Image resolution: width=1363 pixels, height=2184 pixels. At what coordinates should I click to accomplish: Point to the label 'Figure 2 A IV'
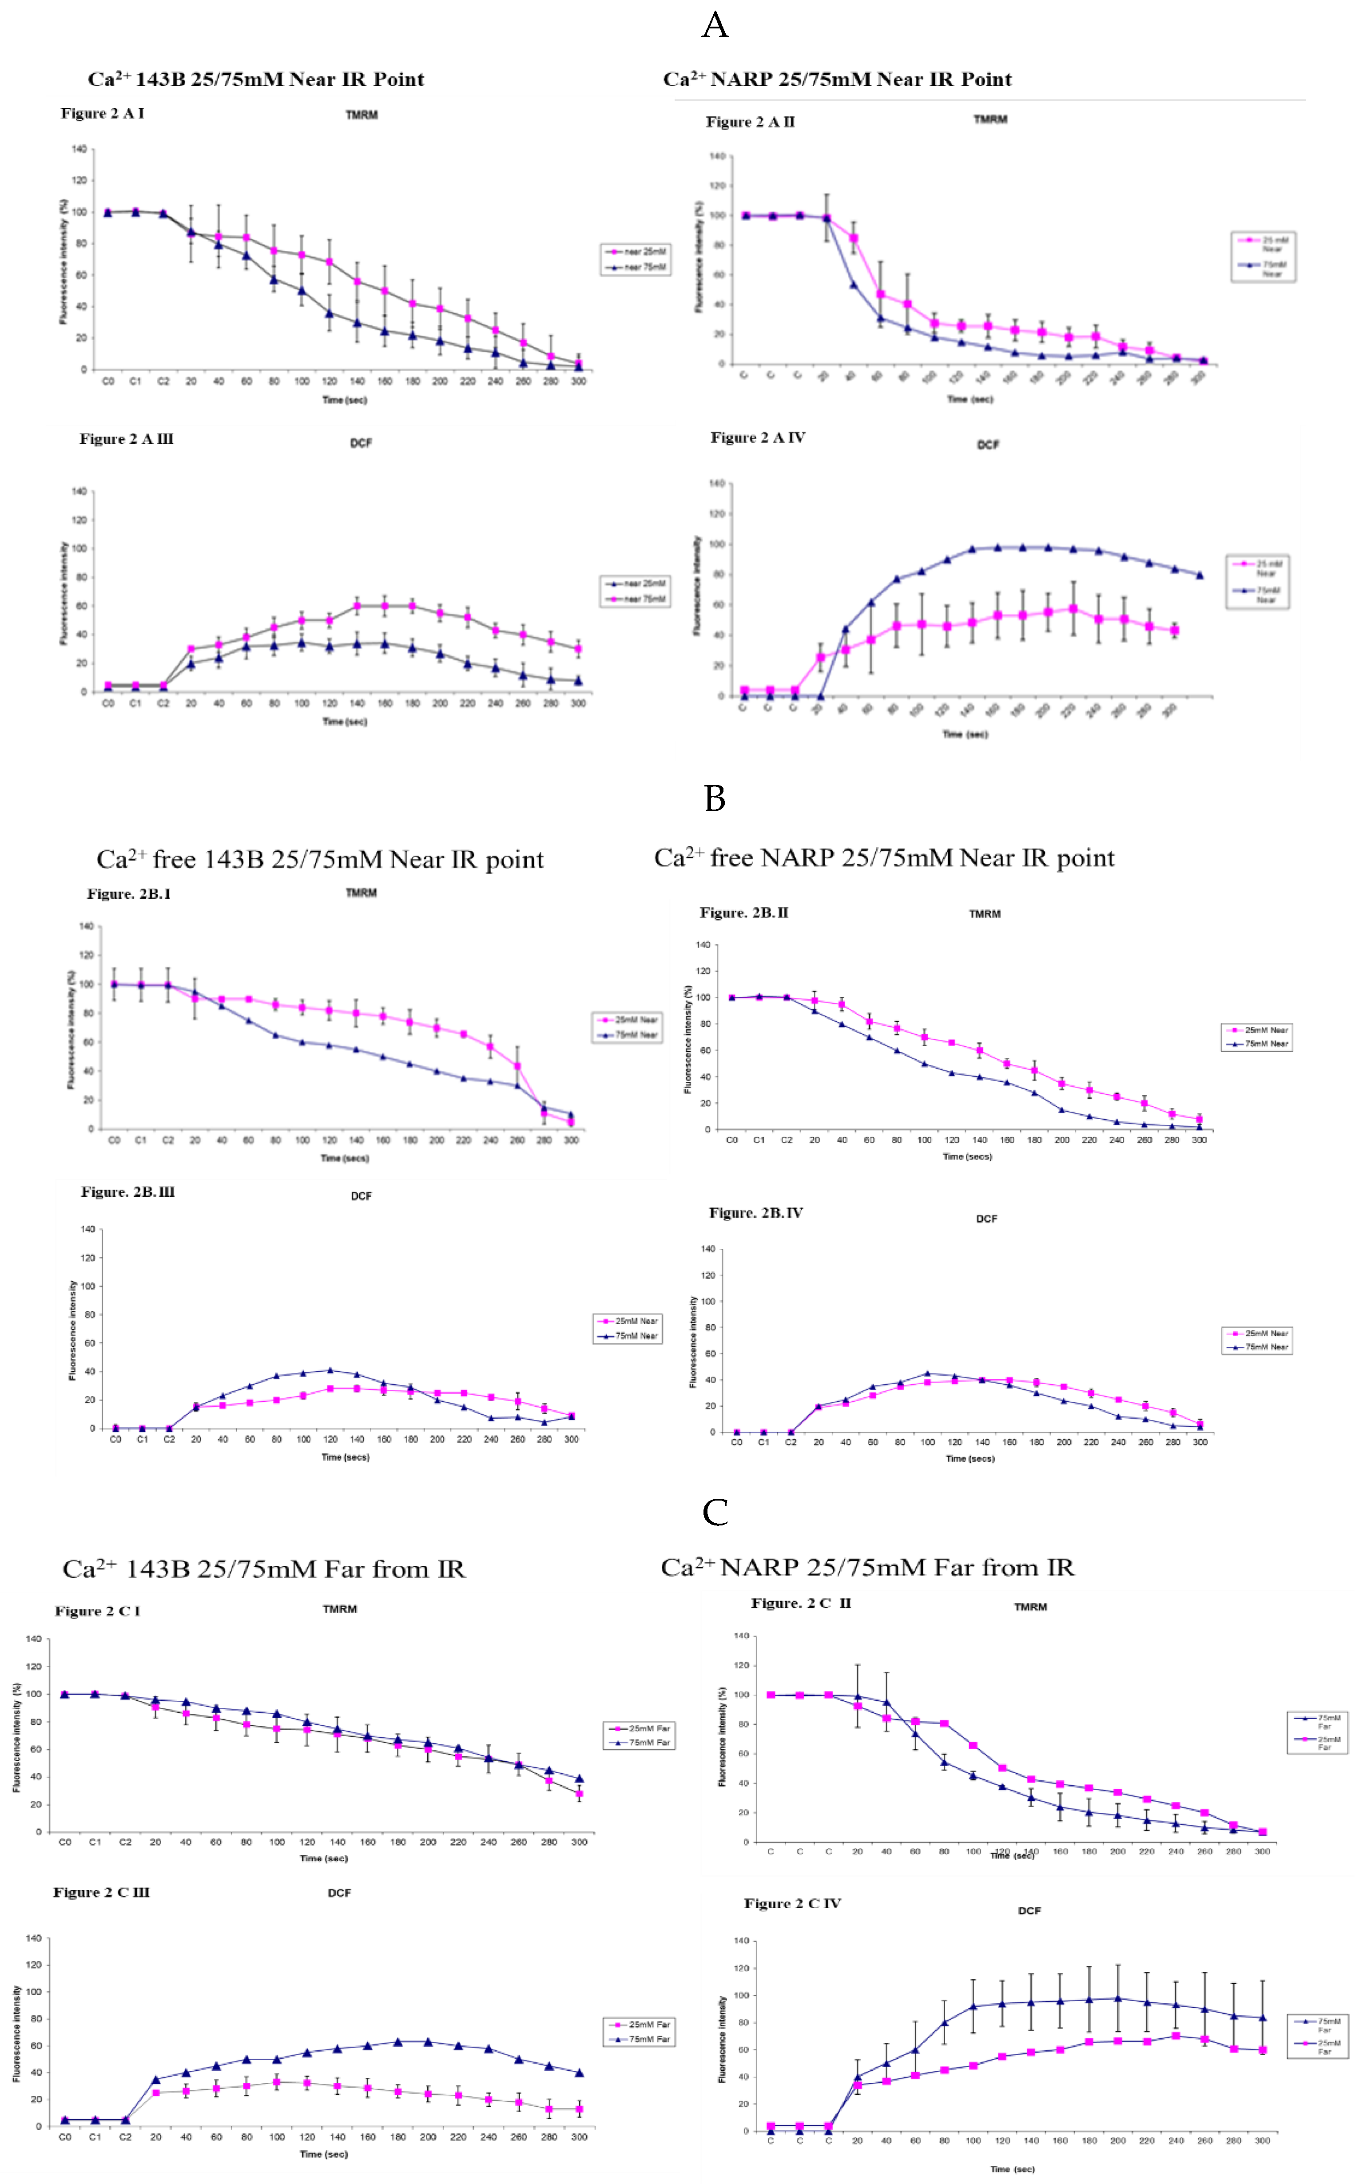[757, 438]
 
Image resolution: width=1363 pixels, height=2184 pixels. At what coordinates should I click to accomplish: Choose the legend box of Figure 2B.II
[1256, 1036]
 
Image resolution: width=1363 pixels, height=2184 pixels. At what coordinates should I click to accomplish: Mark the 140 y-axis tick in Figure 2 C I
[33, 1639]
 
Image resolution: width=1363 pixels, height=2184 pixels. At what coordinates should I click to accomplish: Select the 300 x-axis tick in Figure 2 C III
[579, 2137]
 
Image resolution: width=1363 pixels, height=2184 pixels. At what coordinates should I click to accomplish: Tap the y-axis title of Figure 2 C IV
[722, 2039]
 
